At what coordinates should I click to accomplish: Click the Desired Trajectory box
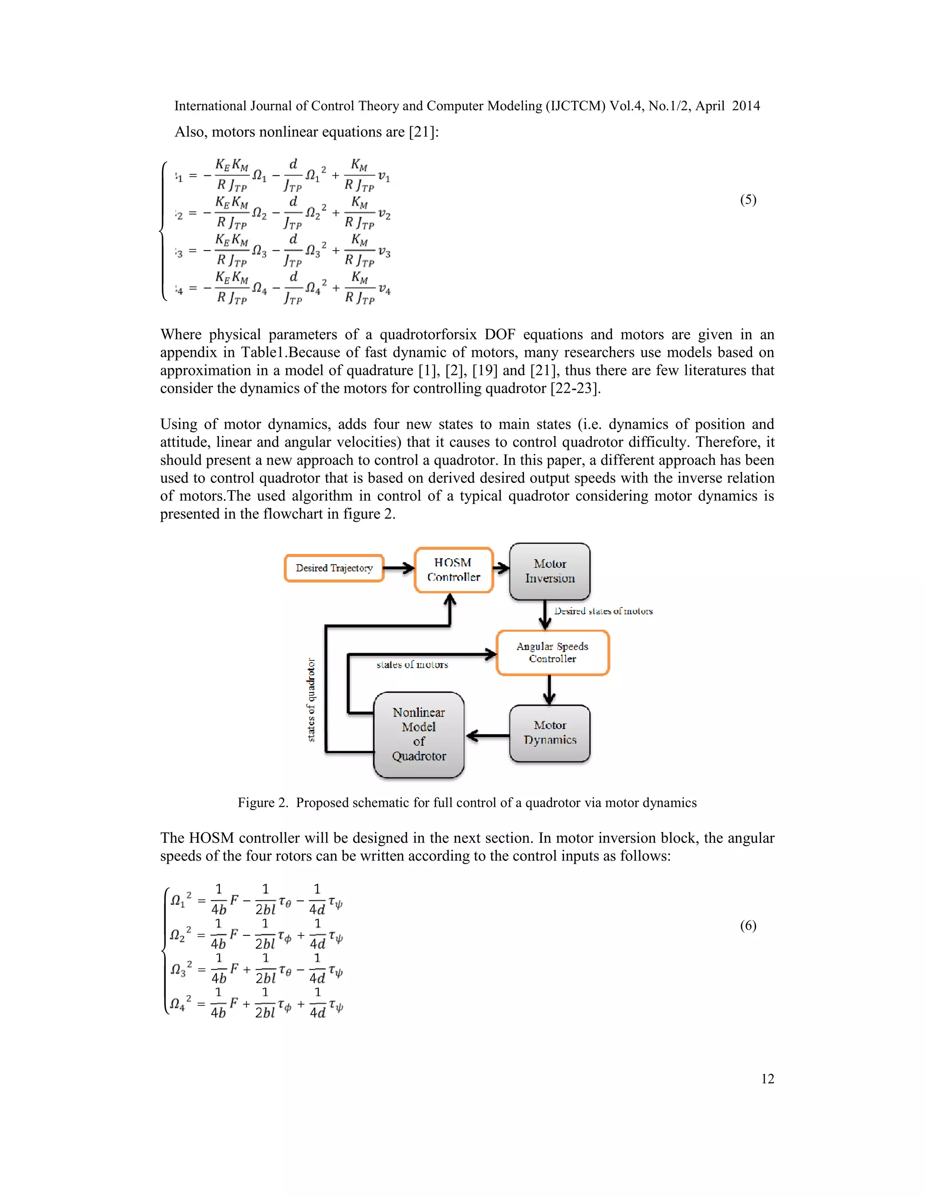click(334, 568)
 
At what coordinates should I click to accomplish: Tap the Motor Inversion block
click(550, 571)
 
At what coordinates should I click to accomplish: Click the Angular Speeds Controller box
click(552, 652)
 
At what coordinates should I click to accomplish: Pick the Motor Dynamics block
click(550, 733)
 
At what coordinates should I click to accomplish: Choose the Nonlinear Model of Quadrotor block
click(419, 734)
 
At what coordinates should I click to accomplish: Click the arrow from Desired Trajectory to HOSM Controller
click(399, 568)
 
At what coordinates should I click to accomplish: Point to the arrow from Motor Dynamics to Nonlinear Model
click(487, 735)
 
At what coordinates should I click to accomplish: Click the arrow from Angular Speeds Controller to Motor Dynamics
click(549, 690)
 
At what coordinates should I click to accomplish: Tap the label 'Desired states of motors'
click(603, 611)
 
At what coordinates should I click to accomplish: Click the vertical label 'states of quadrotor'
click(311, 700)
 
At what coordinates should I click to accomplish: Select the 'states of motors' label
click(412, 665)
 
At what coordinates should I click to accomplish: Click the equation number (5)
click(748, 200)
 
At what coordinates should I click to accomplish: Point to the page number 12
click(767, 1079)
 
